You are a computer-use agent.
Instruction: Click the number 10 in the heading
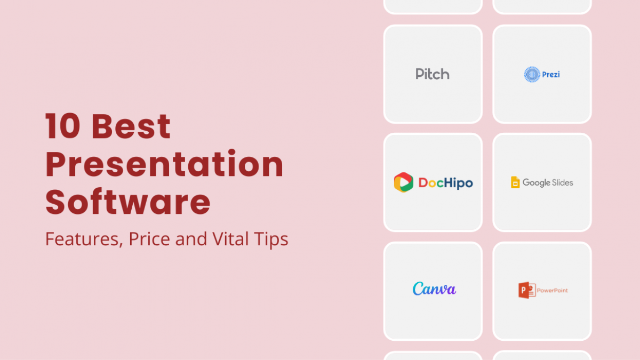[x=62, y=126]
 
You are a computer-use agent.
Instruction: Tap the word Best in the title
[x=131, y=126]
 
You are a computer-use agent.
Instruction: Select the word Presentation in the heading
[x=164, y=164]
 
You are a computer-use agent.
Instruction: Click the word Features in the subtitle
[x=84, y=239]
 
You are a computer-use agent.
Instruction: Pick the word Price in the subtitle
[x=149, y=238]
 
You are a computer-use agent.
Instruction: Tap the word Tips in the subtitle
[x=271, y=239]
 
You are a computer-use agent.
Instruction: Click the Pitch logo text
[x=433, y=74]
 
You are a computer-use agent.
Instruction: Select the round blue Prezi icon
[x=532, y=75]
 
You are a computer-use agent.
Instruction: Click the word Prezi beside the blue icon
[x=551, y=75]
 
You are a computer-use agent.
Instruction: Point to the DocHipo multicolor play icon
[x=403, y=182]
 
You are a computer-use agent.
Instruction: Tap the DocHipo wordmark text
[x=446, y=183]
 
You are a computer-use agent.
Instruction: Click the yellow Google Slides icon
[x=515, y=182]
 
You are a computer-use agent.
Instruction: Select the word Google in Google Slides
[x=537, y=183]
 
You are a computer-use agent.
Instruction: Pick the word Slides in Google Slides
[x=562, y=182]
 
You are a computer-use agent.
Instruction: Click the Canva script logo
[x=434, y=289]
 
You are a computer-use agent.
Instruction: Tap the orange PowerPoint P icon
[x=527, y=290]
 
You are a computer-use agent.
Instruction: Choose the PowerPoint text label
[x=553, y=291]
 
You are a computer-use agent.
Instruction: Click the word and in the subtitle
[x=191, y=239]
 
